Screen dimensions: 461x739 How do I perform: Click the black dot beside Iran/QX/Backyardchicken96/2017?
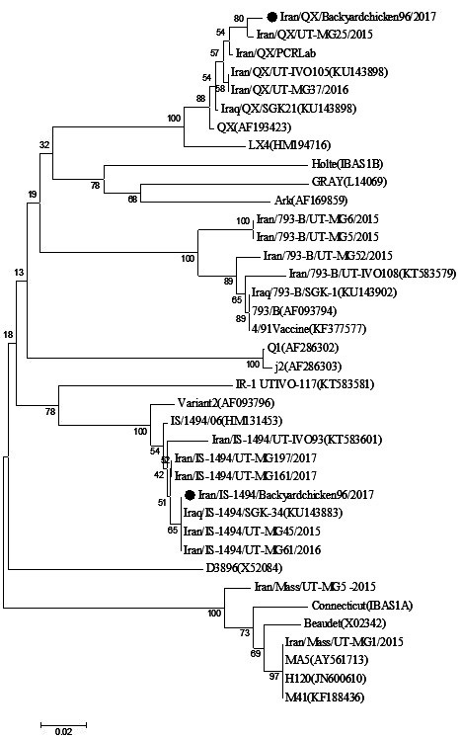[271, 17]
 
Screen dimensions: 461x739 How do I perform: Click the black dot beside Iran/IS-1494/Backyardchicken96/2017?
[190, 495]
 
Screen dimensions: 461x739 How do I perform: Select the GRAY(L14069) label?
[348, 182]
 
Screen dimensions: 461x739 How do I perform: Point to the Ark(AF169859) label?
[311, 201]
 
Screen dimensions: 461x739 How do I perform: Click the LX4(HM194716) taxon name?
[289, 145]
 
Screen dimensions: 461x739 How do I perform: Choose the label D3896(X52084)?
[244, 568]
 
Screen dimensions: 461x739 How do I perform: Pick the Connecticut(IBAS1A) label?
[361, 606]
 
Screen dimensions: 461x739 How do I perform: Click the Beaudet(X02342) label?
[345, 623]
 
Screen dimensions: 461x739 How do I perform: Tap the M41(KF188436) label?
[325, 698]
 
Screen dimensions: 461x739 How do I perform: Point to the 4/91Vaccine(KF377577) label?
[308, 328]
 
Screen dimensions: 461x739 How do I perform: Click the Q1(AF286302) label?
[303, 348]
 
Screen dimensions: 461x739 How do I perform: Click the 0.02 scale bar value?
[63, 731]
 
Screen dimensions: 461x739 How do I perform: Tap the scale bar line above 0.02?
[63, 723]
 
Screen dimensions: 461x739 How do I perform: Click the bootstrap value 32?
[43, 145]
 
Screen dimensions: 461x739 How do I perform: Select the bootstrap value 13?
[19, 273]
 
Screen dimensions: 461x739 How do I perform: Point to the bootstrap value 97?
[273, 677]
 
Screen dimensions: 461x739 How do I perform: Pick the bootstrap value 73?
[245, 633]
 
